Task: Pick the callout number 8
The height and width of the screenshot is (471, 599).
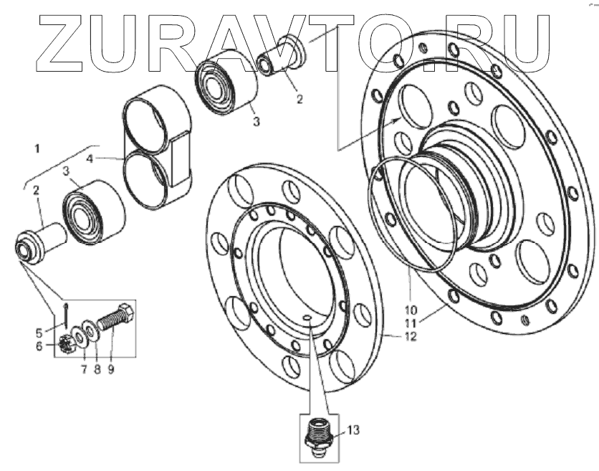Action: (97, 371)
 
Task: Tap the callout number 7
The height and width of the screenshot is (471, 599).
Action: (82, 371)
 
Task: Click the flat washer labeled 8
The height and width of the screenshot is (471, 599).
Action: (92, 330)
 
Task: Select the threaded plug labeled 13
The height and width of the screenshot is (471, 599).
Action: (316, 434)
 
